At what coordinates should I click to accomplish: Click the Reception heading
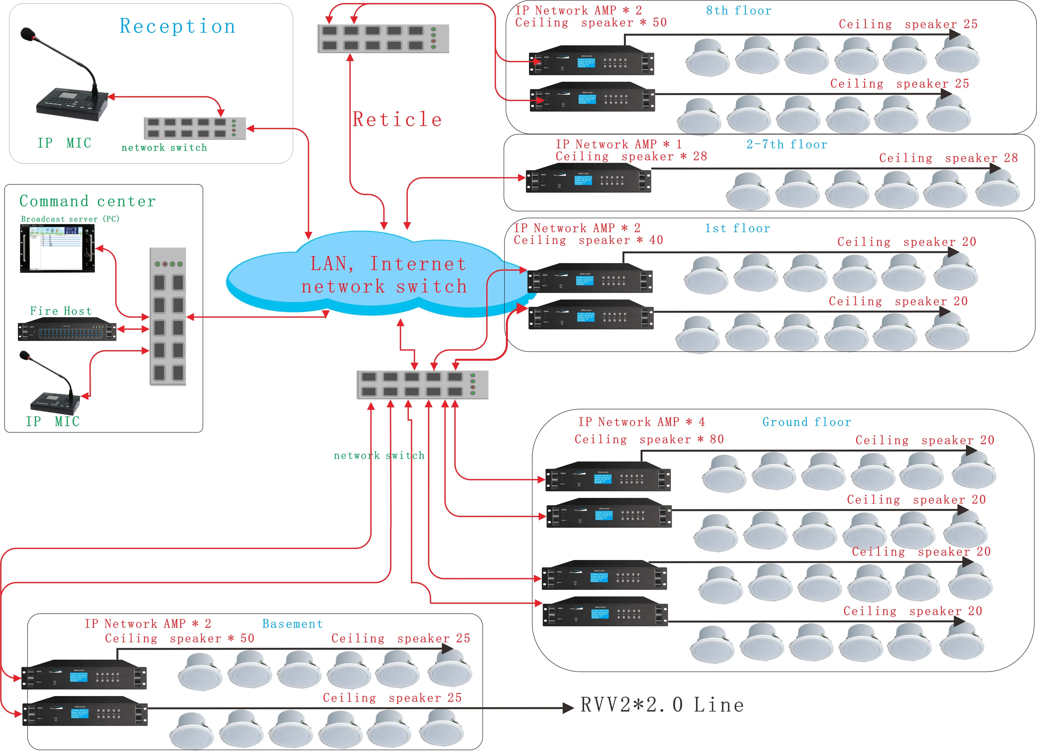coord(177,26)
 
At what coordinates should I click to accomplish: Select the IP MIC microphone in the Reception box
coord(69,91)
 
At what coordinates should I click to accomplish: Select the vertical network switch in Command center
coord(168,316)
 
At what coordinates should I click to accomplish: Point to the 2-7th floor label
coord(786,145)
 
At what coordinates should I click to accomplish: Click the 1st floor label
coord(737,228)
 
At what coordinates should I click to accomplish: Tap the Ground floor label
coord(807,422)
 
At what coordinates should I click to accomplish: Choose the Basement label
coord(292,624)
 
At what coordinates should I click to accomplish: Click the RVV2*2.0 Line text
coord(662,705)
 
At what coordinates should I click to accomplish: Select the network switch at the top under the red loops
coord(383,38)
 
